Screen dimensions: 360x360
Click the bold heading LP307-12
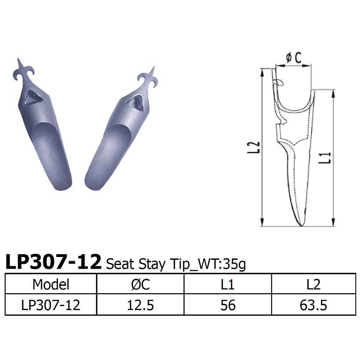click(53, 263)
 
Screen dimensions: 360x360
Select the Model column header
click(51, 284)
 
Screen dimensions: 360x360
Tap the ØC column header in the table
click(140, 284)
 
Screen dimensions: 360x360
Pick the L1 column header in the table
click(227, 284)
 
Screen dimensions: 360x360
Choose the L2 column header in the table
click(313, 284)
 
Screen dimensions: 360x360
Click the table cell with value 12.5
click(140, 305)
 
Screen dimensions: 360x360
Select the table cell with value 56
click(227, 305)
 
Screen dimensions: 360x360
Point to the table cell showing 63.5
click(313, 305)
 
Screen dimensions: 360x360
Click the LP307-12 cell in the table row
click(51, 305)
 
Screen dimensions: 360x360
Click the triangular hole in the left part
click(33, 97)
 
